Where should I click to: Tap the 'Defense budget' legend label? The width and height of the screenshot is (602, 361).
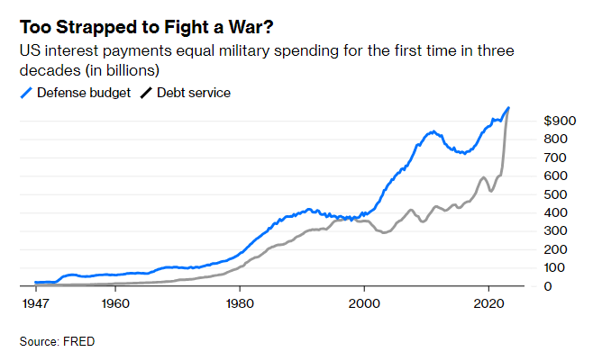click(x=83, y=92)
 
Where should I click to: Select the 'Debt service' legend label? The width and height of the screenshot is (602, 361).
click(x=194, y=92)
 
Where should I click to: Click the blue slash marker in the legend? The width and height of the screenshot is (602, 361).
click(x=26, y=93)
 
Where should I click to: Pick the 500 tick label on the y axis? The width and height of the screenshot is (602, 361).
click(x=557, y=194)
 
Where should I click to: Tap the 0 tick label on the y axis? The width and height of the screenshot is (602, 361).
click(x=549, y=286)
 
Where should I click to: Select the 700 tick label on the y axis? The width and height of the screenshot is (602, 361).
click(x=557, y=158)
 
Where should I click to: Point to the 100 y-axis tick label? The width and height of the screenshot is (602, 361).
click(x=557, y=268)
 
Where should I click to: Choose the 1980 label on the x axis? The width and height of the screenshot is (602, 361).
click(x=240, y=304)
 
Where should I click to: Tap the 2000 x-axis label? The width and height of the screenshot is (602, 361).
click(x=364, y=304)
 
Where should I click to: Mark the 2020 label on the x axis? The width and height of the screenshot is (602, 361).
click(x=488, y=304)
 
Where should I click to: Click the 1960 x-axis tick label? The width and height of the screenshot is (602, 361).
click(x=114, y=304)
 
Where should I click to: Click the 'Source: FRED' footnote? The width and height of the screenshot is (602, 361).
click(x=57, y=341)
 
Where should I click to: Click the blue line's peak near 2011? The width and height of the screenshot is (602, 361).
click(x=433, y=131)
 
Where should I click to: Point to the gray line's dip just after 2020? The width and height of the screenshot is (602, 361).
click(x=490, y=191)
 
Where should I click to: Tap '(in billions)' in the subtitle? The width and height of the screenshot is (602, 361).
click(x=116, y=70)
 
